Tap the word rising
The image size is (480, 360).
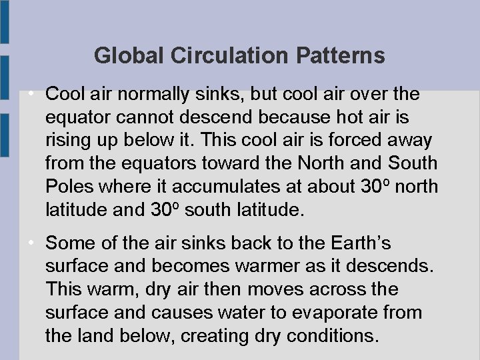[70, 141]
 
